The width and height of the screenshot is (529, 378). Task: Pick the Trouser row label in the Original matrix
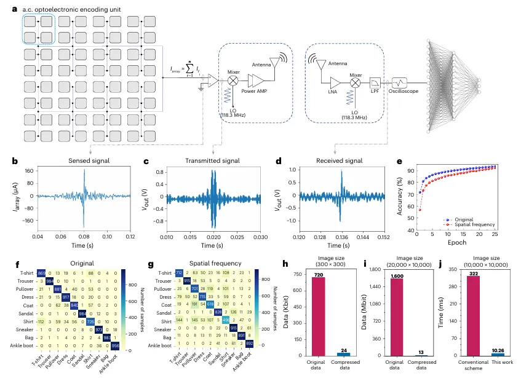pos(23,281)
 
